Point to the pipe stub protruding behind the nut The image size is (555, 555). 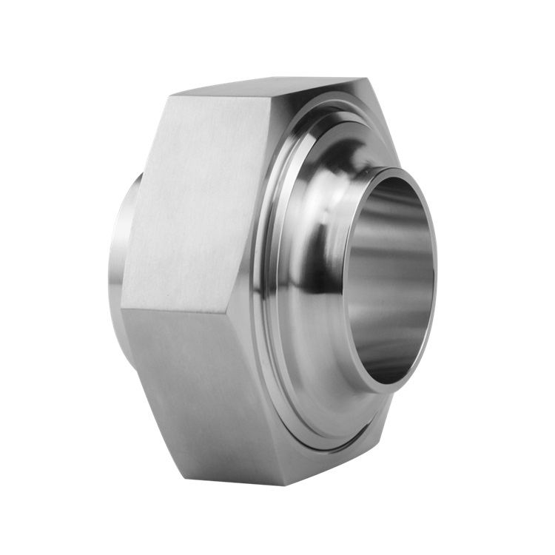(122, 244)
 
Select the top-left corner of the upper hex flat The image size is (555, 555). (172, 96)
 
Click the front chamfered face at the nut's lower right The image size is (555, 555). (355, 444)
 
